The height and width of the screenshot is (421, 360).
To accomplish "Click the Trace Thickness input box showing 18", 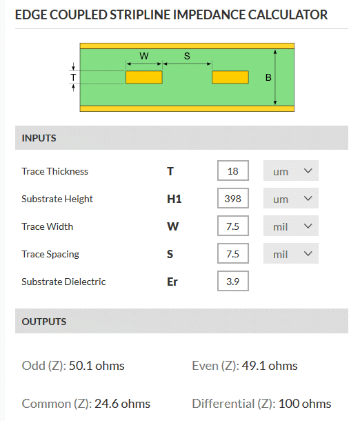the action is click(233, 170).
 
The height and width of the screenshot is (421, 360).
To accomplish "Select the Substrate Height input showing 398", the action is click(233, 198).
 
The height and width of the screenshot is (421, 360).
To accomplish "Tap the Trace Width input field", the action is click(233, 226).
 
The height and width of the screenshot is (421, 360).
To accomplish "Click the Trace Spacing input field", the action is click(233, 254).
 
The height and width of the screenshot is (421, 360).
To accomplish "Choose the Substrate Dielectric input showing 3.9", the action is click(233, 281).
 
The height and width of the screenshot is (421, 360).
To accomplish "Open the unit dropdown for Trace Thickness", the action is click(291, 170).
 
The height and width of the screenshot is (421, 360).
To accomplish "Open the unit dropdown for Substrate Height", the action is click(291, 198).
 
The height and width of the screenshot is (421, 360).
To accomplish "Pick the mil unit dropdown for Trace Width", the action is click(291, 226).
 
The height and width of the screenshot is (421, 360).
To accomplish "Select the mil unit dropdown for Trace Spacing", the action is click(291, 254).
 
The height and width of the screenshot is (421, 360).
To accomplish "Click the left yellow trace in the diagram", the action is click(144, 77).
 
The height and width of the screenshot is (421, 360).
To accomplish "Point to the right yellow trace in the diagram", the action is click(230, 77).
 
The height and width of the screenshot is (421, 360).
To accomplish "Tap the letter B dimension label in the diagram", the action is click(268, 77).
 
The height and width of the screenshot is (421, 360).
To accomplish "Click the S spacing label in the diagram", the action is click(187, 56).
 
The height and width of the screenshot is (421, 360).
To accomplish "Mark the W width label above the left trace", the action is click(144, 56).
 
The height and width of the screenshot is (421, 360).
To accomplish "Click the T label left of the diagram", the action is click(73, 77).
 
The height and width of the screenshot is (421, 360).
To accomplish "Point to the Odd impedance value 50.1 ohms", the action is click(97, 366).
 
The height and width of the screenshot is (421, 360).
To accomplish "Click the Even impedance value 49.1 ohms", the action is click(270, 366).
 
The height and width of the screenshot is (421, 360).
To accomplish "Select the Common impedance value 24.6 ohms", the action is click(122, 404).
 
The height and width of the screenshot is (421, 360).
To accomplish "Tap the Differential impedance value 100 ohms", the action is click(305, 404).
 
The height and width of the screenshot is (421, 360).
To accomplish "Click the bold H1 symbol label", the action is click(174, 199).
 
